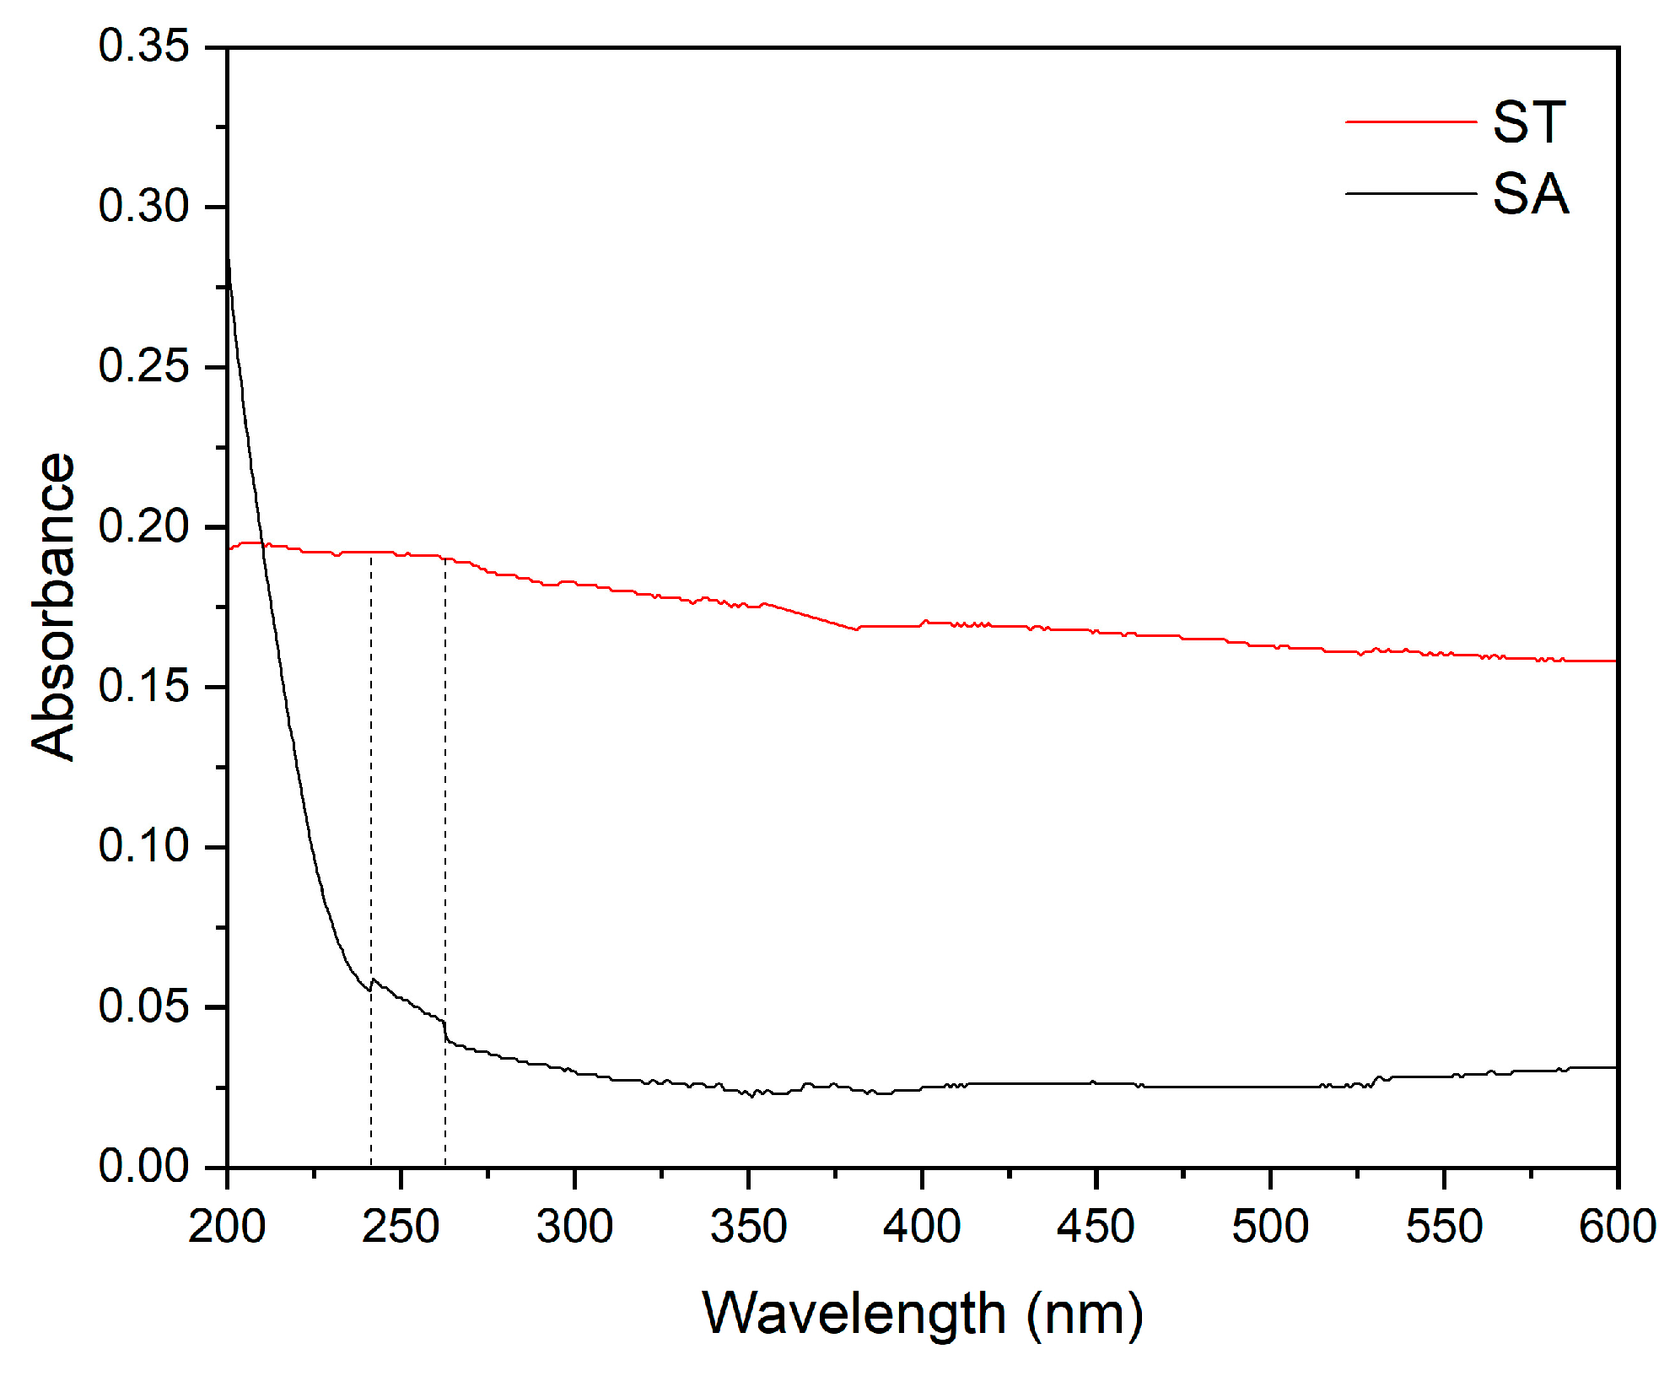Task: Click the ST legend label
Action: [x=1529, y=122]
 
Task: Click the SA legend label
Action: [x=1531, y=194]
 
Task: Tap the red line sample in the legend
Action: [x=1410, y=122]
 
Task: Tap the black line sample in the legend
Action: [x=1410, y=193]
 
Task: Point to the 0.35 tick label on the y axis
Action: [x=143, y=46]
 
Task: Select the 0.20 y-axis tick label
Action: [x=143, y=526]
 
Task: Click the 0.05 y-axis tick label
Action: [x=143, y=1006]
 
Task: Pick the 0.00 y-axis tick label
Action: [x=143, y=1166]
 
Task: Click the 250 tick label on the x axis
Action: [x=401, y=1227]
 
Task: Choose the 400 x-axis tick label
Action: [x=922, y=1227]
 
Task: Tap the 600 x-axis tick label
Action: [x=1617, y=1227]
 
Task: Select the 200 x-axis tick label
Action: [x=227, y=1227]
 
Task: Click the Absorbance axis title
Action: [x=52, y=607]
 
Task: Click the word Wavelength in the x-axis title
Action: [x=854, y=1314]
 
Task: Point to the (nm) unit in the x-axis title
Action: [x=1085, y=1314]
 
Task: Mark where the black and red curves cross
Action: [x=262, y=544]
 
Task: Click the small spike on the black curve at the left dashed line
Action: [x=372, y=979]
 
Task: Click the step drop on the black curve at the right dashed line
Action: [x=445, y=1031]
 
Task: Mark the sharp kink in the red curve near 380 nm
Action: [x=856, y=629]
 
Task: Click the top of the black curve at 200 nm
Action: [x=228, y=257]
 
